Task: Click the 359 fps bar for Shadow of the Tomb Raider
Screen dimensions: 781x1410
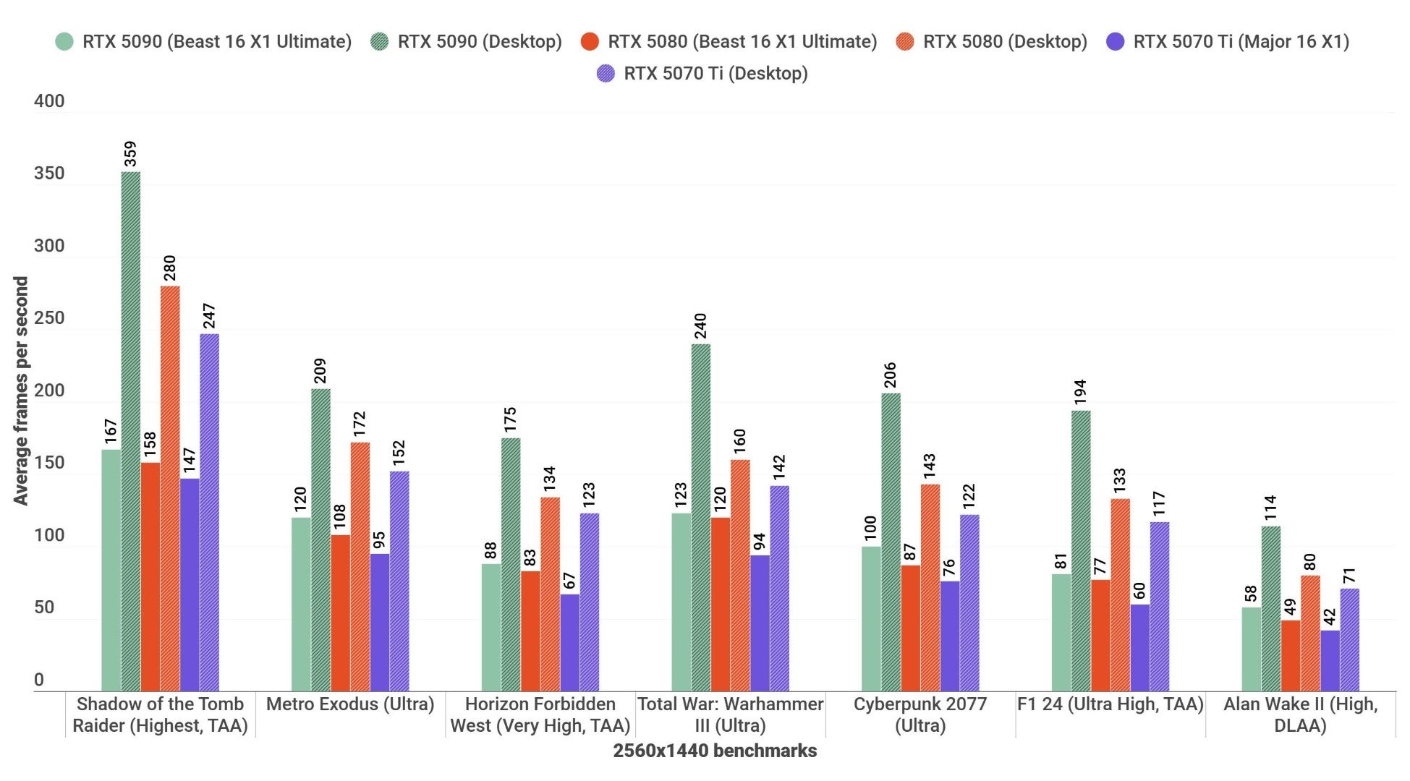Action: (131, 431)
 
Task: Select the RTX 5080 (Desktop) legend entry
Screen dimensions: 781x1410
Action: (1004, 42)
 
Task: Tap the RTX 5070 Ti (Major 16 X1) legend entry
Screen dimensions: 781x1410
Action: (1240, 42)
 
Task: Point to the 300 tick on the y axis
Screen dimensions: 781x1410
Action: (49, 246)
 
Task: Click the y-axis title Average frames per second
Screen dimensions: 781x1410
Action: (20, 390)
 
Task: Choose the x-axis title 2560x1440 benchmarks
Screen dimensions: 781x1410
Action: (715, 751)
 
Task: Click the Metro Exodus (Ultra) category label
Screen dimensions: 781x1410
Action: (350, 704)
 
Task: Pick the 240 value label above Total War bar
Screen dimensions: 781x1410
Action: (700, 326)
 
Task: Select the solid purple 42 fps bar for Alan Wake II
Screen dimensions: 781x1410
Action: (1330, 661)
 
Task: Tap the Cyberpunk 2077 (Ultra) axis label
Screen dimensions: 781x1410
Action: (920, 714)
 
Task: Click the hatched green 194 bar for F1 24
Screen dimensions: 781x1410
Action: (1081, 551)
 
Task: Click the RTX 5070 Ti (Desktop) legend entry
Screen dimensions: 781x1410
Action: (715, 73)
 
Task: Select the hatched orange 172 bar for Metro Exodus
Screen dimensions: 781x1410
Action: (360, 566)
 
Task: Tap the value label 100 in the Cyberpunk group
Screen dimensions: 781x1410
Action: (871, 527)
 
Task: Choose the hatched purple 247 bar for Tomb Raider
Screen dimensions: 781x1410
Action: (210, 512)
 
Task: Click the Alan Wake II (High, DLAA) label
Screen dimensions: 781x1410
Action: (1300, 714)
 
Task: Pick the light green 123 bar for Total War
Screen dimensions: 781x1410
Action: (681, 602)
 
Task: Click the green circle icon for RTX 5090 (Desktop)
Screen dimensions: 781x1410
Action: (380, 42)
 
